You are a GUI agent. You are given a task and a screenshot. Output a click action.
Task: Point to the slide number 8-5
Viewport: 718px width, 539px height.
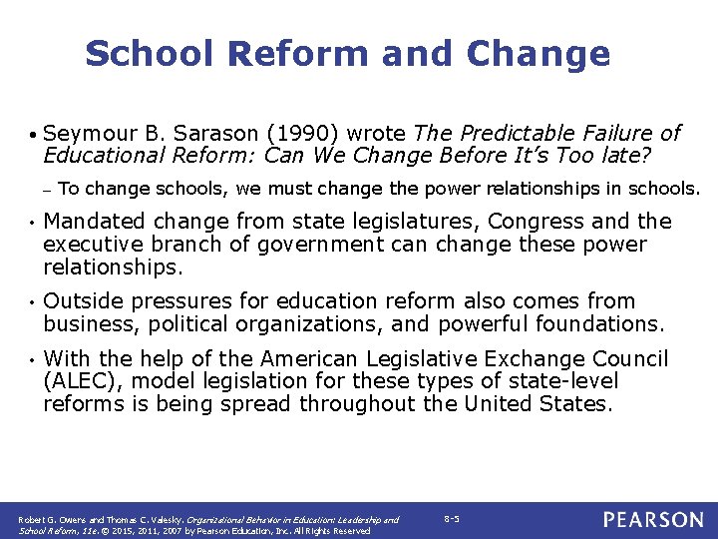click(451, 519)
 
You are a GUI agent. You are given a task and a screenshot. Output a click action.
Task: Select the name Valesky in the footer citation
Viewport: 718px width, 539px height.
click(166, 520)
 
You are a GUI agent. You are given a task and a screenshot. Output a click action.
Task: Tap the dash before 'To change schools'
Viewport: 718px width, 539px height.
click(47, 190)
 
